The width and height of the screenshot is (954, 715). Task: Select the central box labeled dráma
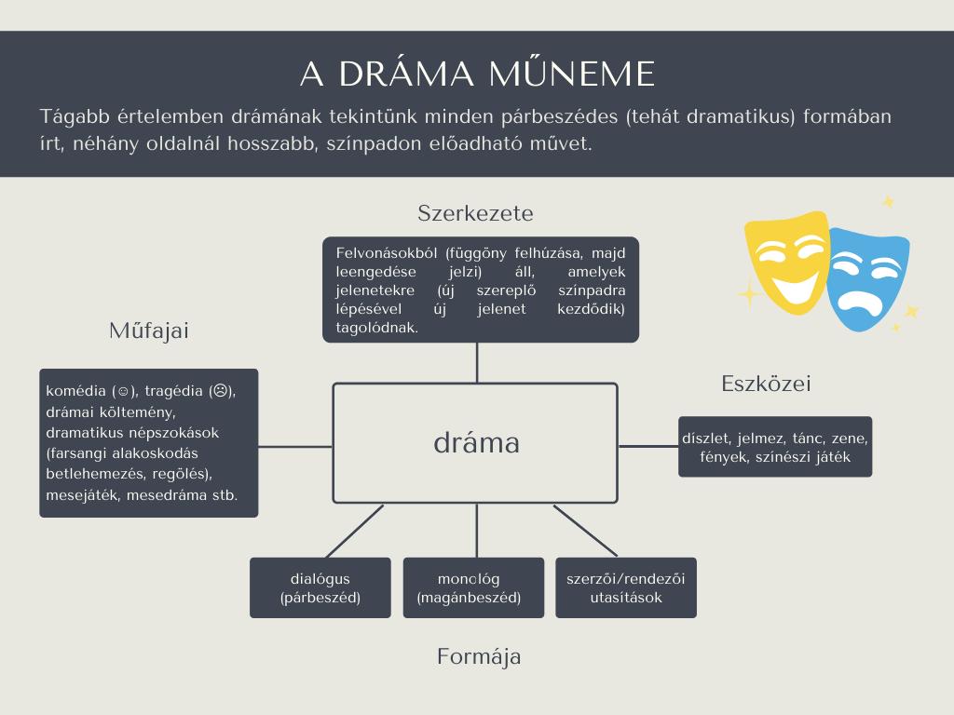click(x=475, y=443)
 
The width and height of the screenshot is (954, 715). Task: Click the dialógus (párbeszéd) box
click(x=320, y=588)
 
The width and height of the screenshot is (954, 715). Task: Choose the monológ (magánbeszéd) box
click(x=473, y=588)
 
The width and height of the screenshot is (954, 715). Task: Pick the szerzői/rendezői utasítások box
click(x=626, y=588)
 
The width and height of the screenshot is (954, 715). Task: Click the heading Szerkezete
click(x=475, y=213)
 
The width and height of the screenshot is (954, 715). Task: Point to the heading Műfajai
click(x=149, y=331)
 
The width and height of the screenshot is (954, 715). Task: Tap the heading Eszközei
click(x=766, y=384)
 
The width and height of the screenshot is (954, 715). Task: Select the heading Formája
click(x=479, y=657)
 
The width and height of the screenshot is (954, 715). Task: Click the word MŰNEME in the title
click(x=572, y=74)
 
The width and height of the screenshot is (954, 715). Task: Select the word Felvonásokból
click(x=387, y=253)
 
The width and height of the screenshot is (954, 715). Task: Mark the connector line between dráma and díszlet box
click(x=648, y=446)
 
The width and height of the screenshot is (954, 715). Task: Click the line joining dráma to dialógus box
click(x=355, y=531)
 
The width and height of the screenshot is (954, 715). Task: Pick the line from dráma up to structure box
click(x=477, y=363)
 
